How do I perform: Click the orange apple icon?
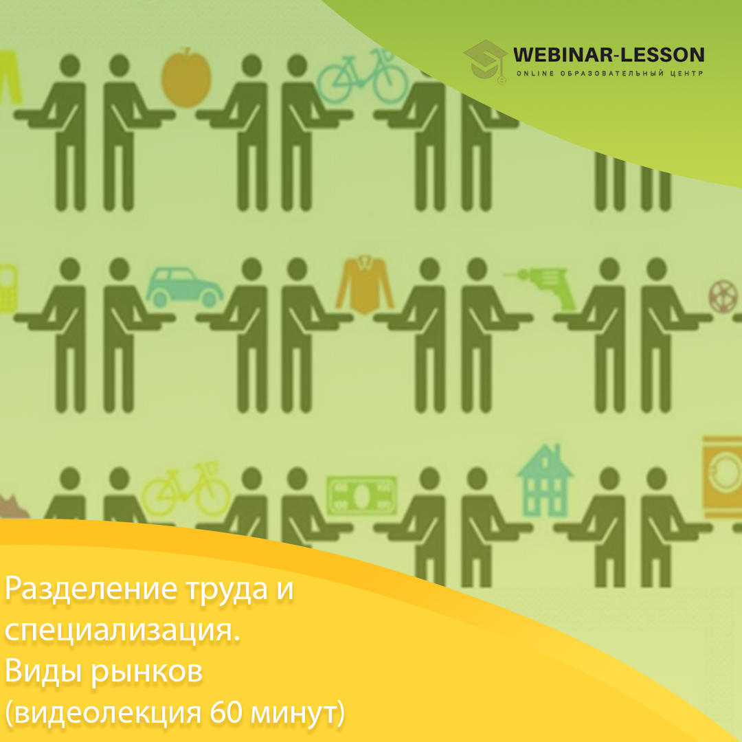pyautogui.click(x=186, y=78)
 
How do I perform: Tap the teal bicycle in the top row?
pyautogui.click(x=362, y=78)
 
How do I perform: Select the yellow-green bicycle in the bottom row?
pyautogui.click(x=186, y=491)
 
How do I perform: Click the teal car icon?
pyautogui.click(x=184, y=287)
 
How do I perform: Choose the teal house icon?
pyautogui.click(x=545, y=480)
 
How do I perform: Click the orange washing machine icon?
pyautogui.click(x=722, y=477)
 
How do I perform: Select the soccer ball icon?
pyautogui.click(x=723, y=297)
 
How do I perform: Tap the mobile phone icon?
pyautogui.click(x=8, y=288)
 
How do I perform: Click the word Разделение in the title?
pyautogui.click(x=91, y=589)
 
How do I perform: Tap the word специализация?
pyautogui.click(x=122, y=631)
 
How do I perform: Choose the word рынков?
pyautogui.click(x=147, y=671)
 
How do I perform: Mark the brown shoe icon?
pyautogui.click(x=13, y=507)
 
